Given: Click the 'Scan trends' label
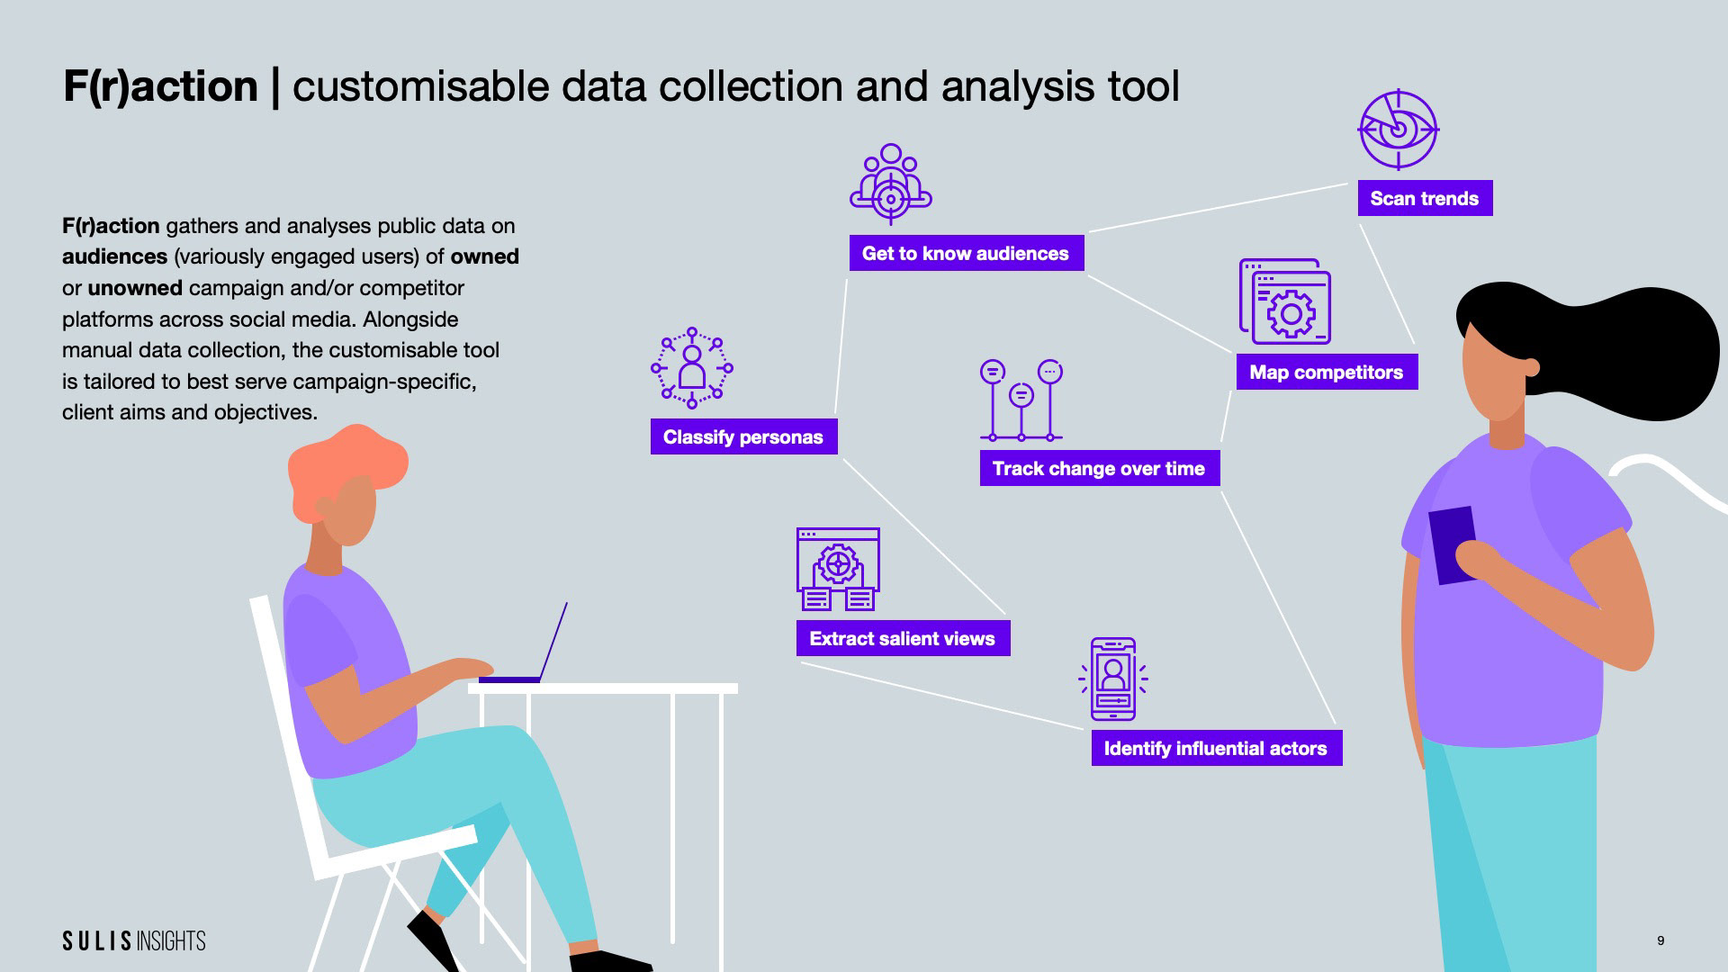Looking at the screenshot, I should point(1425,198).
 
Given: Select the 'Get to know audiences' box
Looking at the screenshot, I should point(966,253).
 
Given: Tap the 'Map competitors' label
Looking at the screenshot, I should point(1326,372).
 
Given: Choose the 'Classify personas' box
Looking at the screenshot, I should point(743,436).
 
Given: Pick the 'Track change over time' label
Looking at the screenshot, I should point(1099,468).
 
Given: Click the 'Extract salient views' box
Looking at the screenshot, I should point(902,638).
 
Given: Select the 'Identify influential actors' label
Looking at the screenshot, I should point(1216,748).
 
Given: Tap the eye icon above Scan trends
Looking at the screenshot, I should point(1398,130).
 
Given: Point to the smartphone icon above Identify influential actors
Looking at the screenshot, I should point(1113,679).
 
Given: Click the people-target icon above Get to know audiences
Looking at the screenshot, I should point(891,184).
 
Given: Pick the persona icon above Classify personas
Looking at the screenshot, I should point(692,368).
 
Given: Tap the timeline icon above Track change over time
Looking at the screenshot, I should point(1021,400).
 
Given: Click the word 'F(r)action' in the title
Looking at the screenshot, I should point(160,86).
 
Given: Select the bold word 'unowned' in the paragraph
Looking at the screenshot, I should point(135,288).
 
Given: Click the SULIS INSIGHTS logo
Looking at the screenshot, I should point(134,940).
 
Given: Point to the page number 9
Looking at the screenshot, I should point(1660,940).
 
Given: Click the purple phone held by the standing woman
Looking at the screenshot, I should point(1451,544).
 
